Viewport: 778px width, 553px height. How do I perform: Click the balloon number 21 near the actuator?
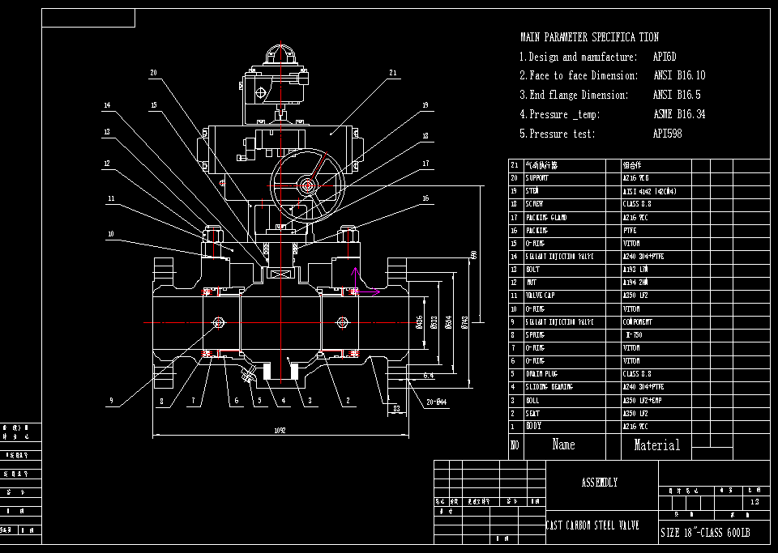393,73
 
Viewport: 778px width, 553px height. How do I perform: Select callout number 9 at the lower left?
111,400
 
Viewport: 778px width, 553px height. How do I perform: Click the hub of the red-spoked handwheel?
307,185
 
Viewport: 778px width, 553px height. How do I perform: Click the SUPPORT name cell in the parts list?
537,178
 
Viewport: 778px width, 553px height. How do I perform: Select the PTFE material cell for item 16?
631,231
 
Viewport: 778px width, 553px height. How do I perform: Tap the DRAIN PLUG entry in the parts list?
543,374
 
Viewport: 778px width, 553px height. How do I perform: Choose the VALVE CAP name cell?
541,296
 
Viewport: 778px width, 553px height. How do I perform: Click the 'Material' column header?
656,445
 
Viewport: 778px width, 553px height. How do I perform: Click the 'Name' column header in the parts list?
563,445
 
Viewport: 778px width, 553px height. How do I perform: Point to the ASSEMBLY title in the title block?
600,483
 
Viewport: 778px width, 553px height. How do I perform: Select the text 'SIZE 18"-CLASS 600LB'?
705,533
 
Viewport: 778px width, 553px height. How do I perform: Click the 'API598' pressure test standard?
667,134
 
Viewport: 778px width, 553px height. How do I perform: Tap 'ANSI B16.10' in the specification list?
679,75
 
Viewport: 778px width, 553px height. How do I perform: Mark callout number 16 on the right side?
425,198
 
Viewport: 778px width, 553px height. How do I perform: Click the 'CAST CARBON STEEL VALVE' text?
593,525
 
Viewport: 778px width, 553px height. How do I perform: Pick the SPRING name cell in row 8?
535,335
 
